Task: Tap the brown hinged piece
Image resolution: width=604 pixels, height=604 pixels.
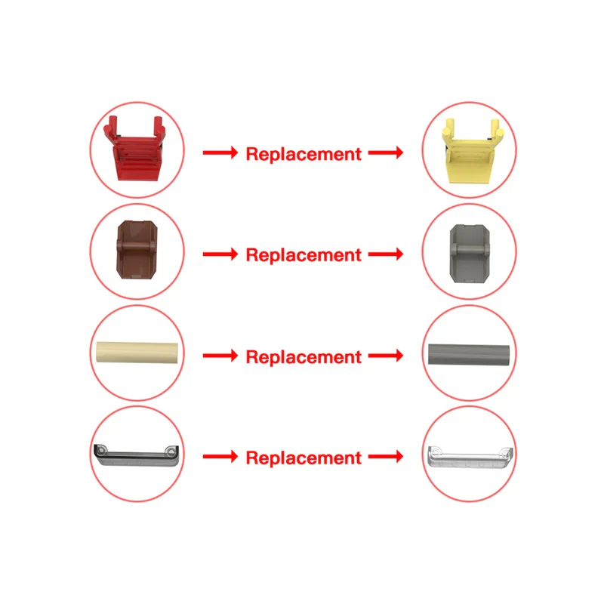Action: point(137,250)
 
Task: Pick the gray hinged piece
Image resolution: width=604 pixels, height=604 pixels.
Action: point(470,254)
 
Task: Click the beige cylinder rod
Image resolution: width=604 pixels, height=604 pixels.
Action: point(137,352)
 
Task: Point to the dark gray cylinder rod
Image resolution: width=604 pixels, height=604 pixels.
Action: point(468,354)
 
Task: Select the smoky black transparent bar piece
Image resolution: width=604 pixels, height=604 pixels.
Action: point(137,455)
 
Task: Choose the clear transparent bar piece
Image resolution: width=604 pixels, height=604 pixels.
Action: point(470,458)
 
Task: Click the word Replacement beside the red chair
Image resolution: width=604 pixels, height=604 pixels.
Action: point(304,155)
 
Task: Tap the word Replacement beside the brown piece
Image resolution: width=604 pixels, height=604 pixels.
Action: point(304,255)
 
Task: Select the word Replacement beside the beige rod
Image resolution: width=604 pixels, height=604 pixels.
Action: point(304,357)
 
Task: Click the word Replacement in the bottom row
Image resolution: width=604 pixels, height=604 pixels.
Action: point(304,458)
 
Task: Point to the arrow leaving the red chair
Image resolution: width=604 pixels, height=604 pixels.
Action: point(220,153)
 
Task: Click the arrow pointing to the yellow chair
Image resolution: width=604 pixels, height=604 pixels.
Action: point(386,153)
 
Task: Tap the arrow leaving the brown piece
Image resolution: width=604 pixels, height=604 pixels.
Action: point(220,254)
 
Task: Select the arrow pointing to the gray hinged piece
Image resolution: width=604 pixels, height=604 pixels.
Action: point(386,254)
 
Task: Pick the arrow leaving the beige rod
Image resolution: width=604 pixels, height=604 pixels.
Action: point(220,355)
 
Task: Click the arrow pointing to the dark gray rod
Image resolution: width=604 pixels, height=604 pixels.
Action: point(386,355)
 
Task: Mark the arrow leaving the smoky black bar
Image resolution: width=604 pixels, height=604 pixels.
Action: point(220,457)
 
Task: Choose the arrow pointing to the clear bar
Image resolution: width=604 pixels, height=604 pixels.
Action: point(386,457)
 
